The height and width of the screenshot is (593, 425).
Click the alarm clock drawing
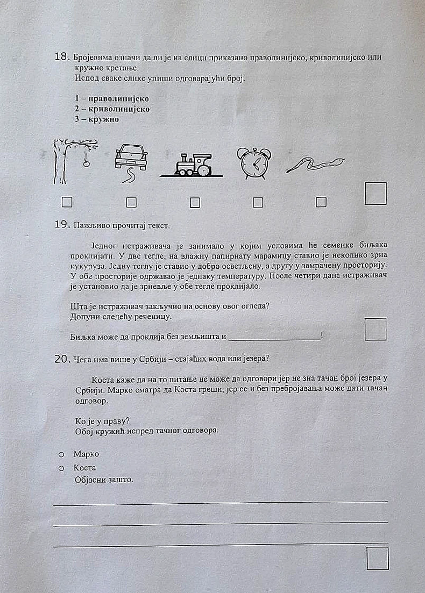point(254,163)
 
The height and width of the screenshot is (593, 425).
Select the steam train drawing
point(193,165)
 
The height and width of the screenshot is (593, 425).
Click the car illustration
point(131,158)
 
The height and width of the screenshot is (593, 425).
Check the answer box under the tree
point(67,202)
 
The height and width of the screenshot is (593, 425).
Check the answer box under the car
point(131,202)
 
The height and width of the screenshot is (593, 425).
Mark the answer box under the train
point(195,203)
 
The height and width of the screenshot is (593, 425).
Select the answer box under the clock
point(258,202)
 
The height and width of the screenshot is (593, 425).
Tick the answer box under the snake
point(321,202)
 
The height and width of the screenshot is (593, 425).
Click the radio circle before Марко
point(61,455)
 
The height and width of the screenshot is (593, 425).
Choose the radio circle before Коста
point(61,468)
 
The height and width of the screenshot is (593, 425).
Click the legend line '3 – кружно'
point(97,119)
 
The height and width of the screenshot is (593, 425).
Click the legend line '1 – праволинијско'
point(111,99)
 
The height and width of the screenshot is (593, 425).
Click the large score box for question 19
point(376,329)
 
